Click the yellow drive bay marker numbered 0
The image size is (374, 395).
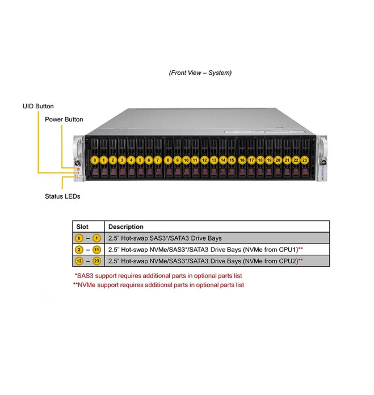tap(95, 161)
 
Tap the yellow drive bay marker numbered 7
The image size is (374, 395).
tap(158, 161)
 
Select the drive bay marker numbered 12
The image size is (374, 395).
tap(204, 161)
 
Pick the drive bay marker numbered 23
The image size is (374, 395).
tap(305, 161)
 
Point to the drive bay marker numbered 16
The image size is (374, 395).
tap(242, 161)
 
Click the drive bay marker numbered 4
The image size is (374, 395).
tap(131, 161)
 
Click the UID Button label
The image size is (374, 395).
tap(38, 106)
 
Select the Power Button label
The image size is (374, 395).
tap(64, 119)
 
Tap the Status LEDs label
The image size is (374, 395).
tap(62, 196)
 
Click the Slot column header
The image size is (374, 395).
tap(82, 227)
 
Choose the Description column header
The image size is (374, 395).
tap(126, 227)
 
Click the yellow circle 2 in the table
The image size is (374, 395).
tap(79, 250)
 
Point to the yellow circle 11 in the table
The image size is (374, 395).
tap(96, 250)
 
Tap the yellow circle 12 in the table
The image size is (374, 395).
tap(79, 261)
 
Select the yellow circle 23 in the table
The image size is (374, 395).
tap(96, 261)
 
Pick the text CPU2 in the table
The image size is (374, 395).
tap(287, 261)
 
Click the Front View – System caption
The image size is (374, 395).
tap(200, 73)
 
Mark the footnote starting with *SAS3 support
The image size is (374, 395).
tap(158, 275)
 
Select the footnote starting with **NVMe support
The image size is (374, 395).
tap(158, 285)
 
